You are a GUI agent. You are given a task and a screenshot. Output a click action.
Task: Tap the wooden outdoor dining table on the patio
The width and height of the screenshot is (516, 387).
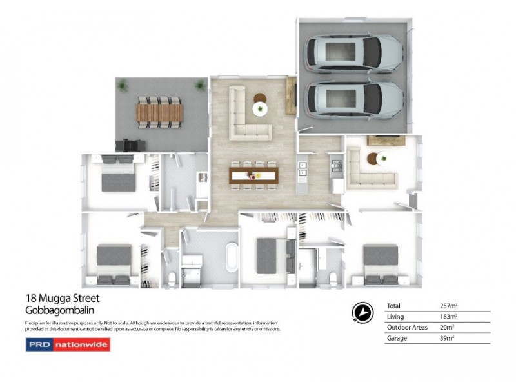coord(159,114)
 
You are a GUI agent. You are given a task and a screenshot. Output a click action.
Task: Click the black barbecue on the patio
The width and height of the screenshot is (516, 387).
coord(129,145)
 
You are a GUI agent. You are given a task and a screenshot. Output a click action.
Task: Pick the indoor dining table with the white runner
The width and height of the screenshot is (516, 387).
coord(253,174)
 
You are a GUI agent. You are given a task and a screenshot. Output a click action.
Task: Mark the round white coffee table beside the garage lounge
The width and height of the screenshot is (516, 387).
coord(383,157)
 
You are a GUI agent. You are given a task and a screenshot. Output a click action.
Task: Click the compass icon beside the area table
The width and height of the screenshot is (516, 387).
coord(362,312)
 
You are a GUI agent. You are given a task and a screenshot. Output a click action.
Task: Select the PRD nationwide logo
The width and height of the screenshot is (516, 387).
coord(67,345)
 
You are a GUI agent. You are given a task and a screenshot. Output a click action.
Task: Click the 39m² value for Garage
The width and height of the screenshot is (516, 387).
coord(447,337)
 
